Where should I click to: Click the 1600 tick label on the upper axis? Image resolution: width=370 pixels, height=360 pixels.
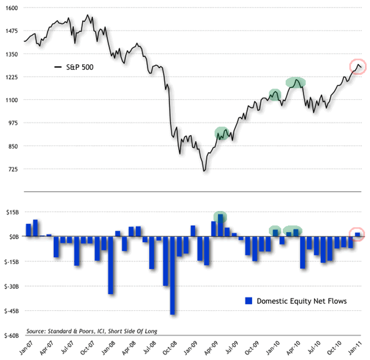coord(12,8)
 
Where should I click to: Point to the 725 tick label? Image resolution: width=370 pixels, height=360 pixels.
coord(13,169)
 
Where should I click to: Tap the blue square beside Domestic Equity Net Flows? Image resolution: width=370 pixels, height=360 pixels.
coord(249,300)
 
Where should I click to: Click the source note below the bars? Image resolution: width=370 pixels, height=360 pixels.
coord(92,331)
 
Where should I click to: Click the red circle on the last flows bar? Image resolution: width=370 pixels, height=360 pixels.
coord(358,234)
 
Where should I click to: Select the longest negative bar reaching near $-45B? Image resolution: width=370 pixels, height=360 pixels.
coord(172,275)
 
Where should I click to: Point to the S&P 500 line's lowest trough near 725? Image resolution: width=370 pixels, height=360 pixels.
coord(204,170)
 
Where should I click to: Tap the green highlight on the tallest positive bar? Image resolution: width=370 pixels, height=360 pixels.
coord(220,217)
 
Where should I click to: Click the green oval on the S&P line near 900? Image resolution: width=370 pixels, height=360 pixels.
coord(223,133)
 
